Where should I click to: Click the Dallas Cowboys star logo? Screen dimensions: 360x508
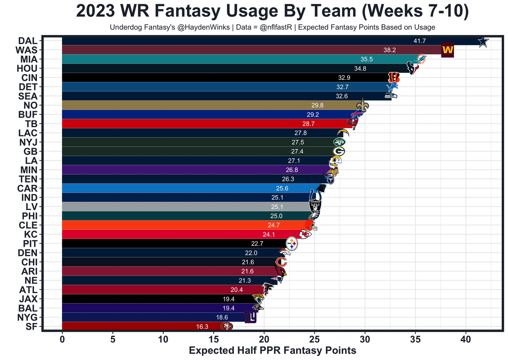click(x=483, y=42)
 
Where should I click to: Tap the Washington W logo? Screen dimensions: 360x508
click(x=447, y=50)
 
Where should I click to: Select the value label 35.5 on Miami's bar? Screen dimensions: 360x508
click(x=366, y=60)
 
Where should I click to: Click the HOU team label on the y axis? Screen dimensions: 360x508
click(x=27, y=68)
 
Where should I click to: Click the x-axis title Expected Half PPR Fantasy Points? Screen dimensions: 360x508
click(x=272, y=351)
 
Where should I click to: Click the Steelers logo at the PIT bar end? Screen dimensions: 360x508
click(x=292, y=243)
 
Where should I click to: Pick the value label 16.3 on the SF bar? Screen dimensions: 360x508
click(x=202, y=327)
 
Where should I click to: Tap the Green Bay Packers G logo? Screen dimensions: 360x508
click(x=339, y=151)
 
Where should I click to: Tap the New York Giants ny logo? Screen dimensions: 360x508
click(x=250, y=317)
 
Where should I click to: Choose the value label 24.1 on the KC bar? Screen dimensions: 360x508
click(x=269, y=234)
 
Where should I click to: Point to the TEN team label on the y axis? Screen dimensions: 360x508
click(x=27, y=179)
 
